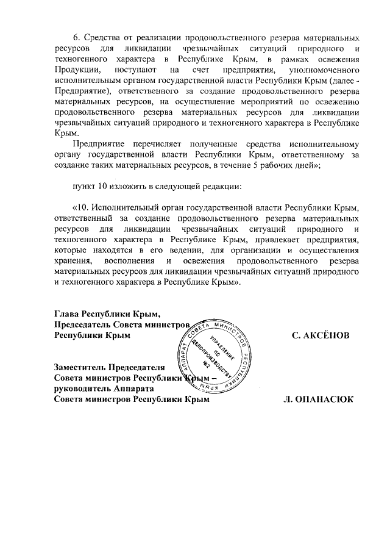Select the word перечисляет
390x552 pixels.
coord(143,143)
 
